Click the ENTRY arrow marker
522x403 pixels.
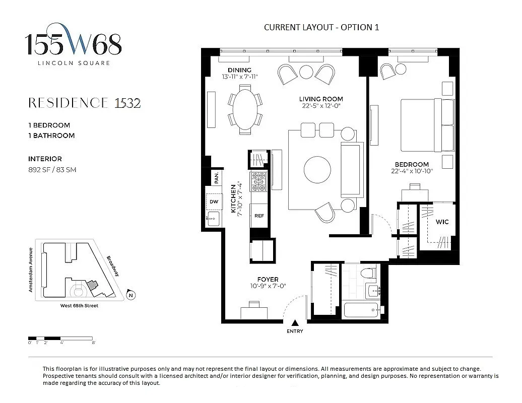295,323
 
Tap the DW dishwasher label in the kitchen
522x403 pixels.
214,201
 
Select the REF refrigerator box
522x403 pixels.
259,216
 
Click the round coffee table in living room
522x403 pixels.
317,170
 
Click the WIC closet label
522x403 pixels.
442,222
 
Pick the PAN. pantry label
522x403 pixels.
216,177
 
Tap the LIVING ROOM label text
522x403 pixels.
321,99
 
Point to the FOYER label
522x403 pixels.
268,280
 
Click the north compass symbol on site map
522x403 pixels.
130,295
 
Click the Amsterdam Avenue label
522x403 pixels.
31,270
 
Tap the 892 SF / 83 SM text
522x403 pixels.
52,170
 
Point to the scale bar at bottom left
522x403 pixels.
60,338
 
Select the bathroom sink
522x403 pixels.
373,291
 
